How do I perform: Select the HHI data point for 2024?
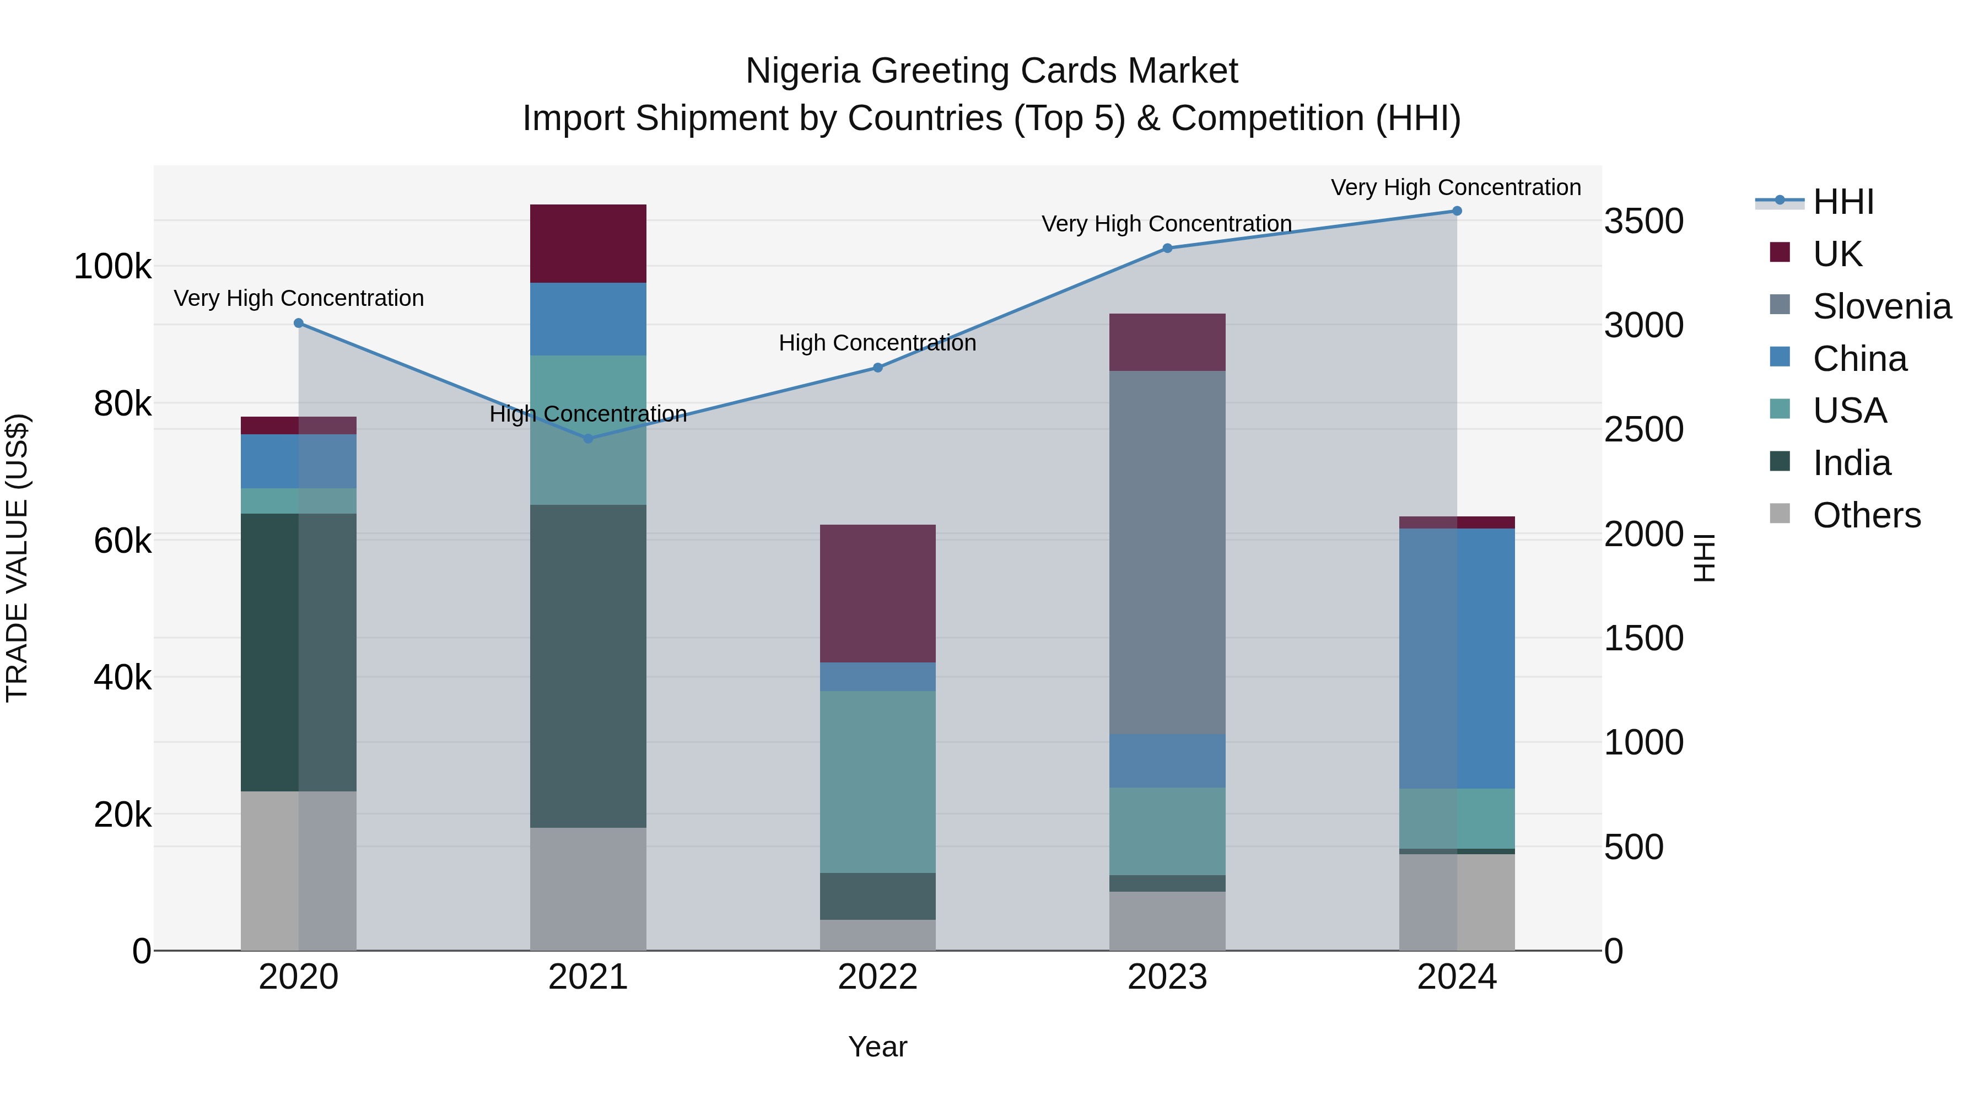pos(1457,211)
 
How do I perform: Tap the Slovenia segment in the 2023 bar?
pos(1167,552)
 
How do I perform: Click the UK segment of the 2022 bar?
pos(877,593)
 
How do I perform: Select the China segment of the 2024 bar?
pos(1457,659)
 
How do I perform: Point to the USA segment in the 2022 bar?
pos(877,781)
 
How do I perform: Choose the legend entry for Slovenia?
pos(1881,306)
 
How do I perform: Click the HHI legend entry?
pos(1842,202)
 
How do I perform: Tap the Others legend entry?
pos(1866,515)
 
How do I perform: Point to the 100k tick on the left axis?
pos(112,267)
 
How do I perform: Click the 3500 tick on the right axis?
pos(1643,221)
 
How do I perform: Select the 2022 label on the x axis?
pos(877,977)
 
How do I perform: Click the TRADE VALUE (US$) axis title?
pos(17,558)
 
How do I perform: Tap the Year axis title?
pos(877,1047)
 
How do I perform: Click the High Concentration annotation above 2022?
pos(877,343)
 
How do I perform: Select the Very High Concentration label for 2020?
pos(298,298)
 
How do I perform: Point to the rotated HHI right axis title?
pos(1705,558)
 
